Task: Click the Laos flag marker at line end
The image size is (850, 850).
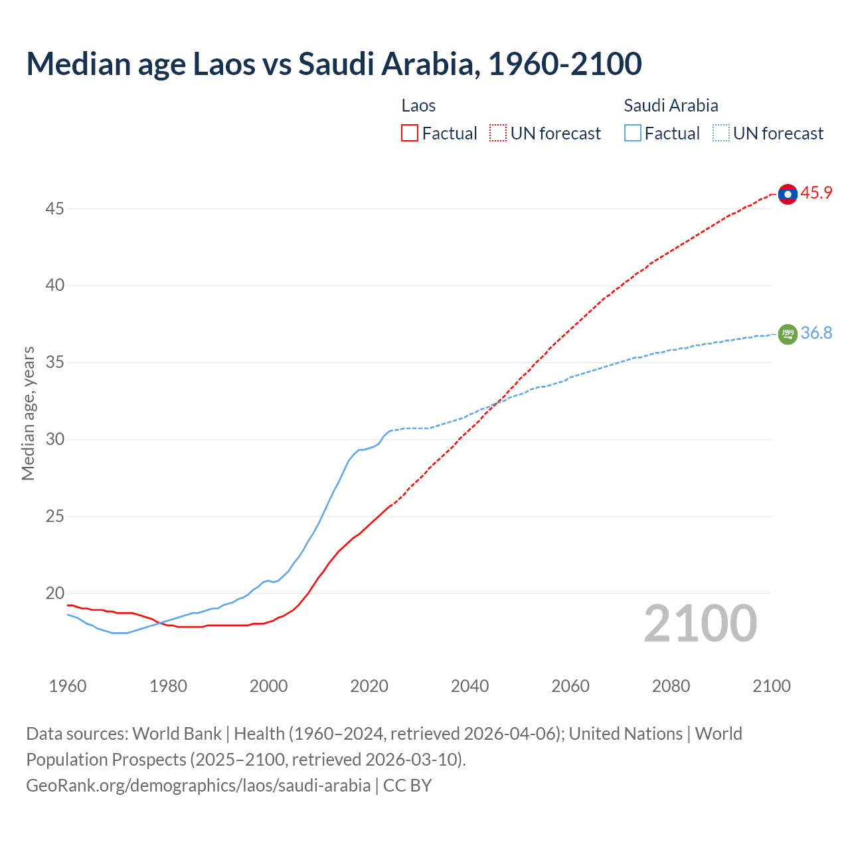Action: click(788, 194)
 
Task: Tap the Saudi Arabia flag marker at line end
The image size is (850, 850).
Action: click(788, 334)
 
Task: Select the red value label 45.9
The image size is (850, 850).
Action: click(816, 193)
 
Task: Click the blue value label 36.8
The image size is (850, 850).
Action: click(816, 333)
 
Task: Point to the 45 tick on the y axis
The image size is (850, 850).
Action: click(54, 209)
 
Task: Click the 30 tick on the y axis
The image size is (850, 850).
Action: click(54, 440)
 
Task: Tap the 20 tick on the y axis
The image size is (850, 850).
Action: click(54, 593)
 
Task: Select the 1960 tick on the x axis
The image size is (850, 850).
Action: click(68, 686)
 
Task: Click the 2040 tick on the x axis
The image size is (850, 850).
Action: click(469, 686)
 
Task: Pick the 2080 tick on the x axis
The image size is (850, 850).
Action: click(671, 686)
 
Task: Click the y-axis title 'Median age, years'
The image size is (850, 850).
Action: click(28, 413)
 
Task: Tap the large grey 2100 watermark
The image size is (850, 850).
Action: click(701, 624)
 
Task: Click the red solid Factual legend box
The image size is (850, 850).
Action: click(410, 133)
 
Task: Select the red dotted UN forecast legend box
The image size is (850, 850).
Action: click(498, 133)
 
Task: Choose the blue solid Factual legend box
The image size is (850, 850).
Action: click(632, 133)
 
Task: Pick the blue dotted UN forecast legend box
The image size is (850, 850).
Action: click(721, 133)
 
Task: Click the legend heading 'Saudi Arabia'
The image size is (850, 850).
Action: click(671, 106)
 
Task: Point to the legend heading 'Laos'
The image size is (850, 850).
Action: click(418, 106)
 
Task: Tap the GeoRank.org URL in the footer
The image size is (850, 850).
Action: click(198, 786)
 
